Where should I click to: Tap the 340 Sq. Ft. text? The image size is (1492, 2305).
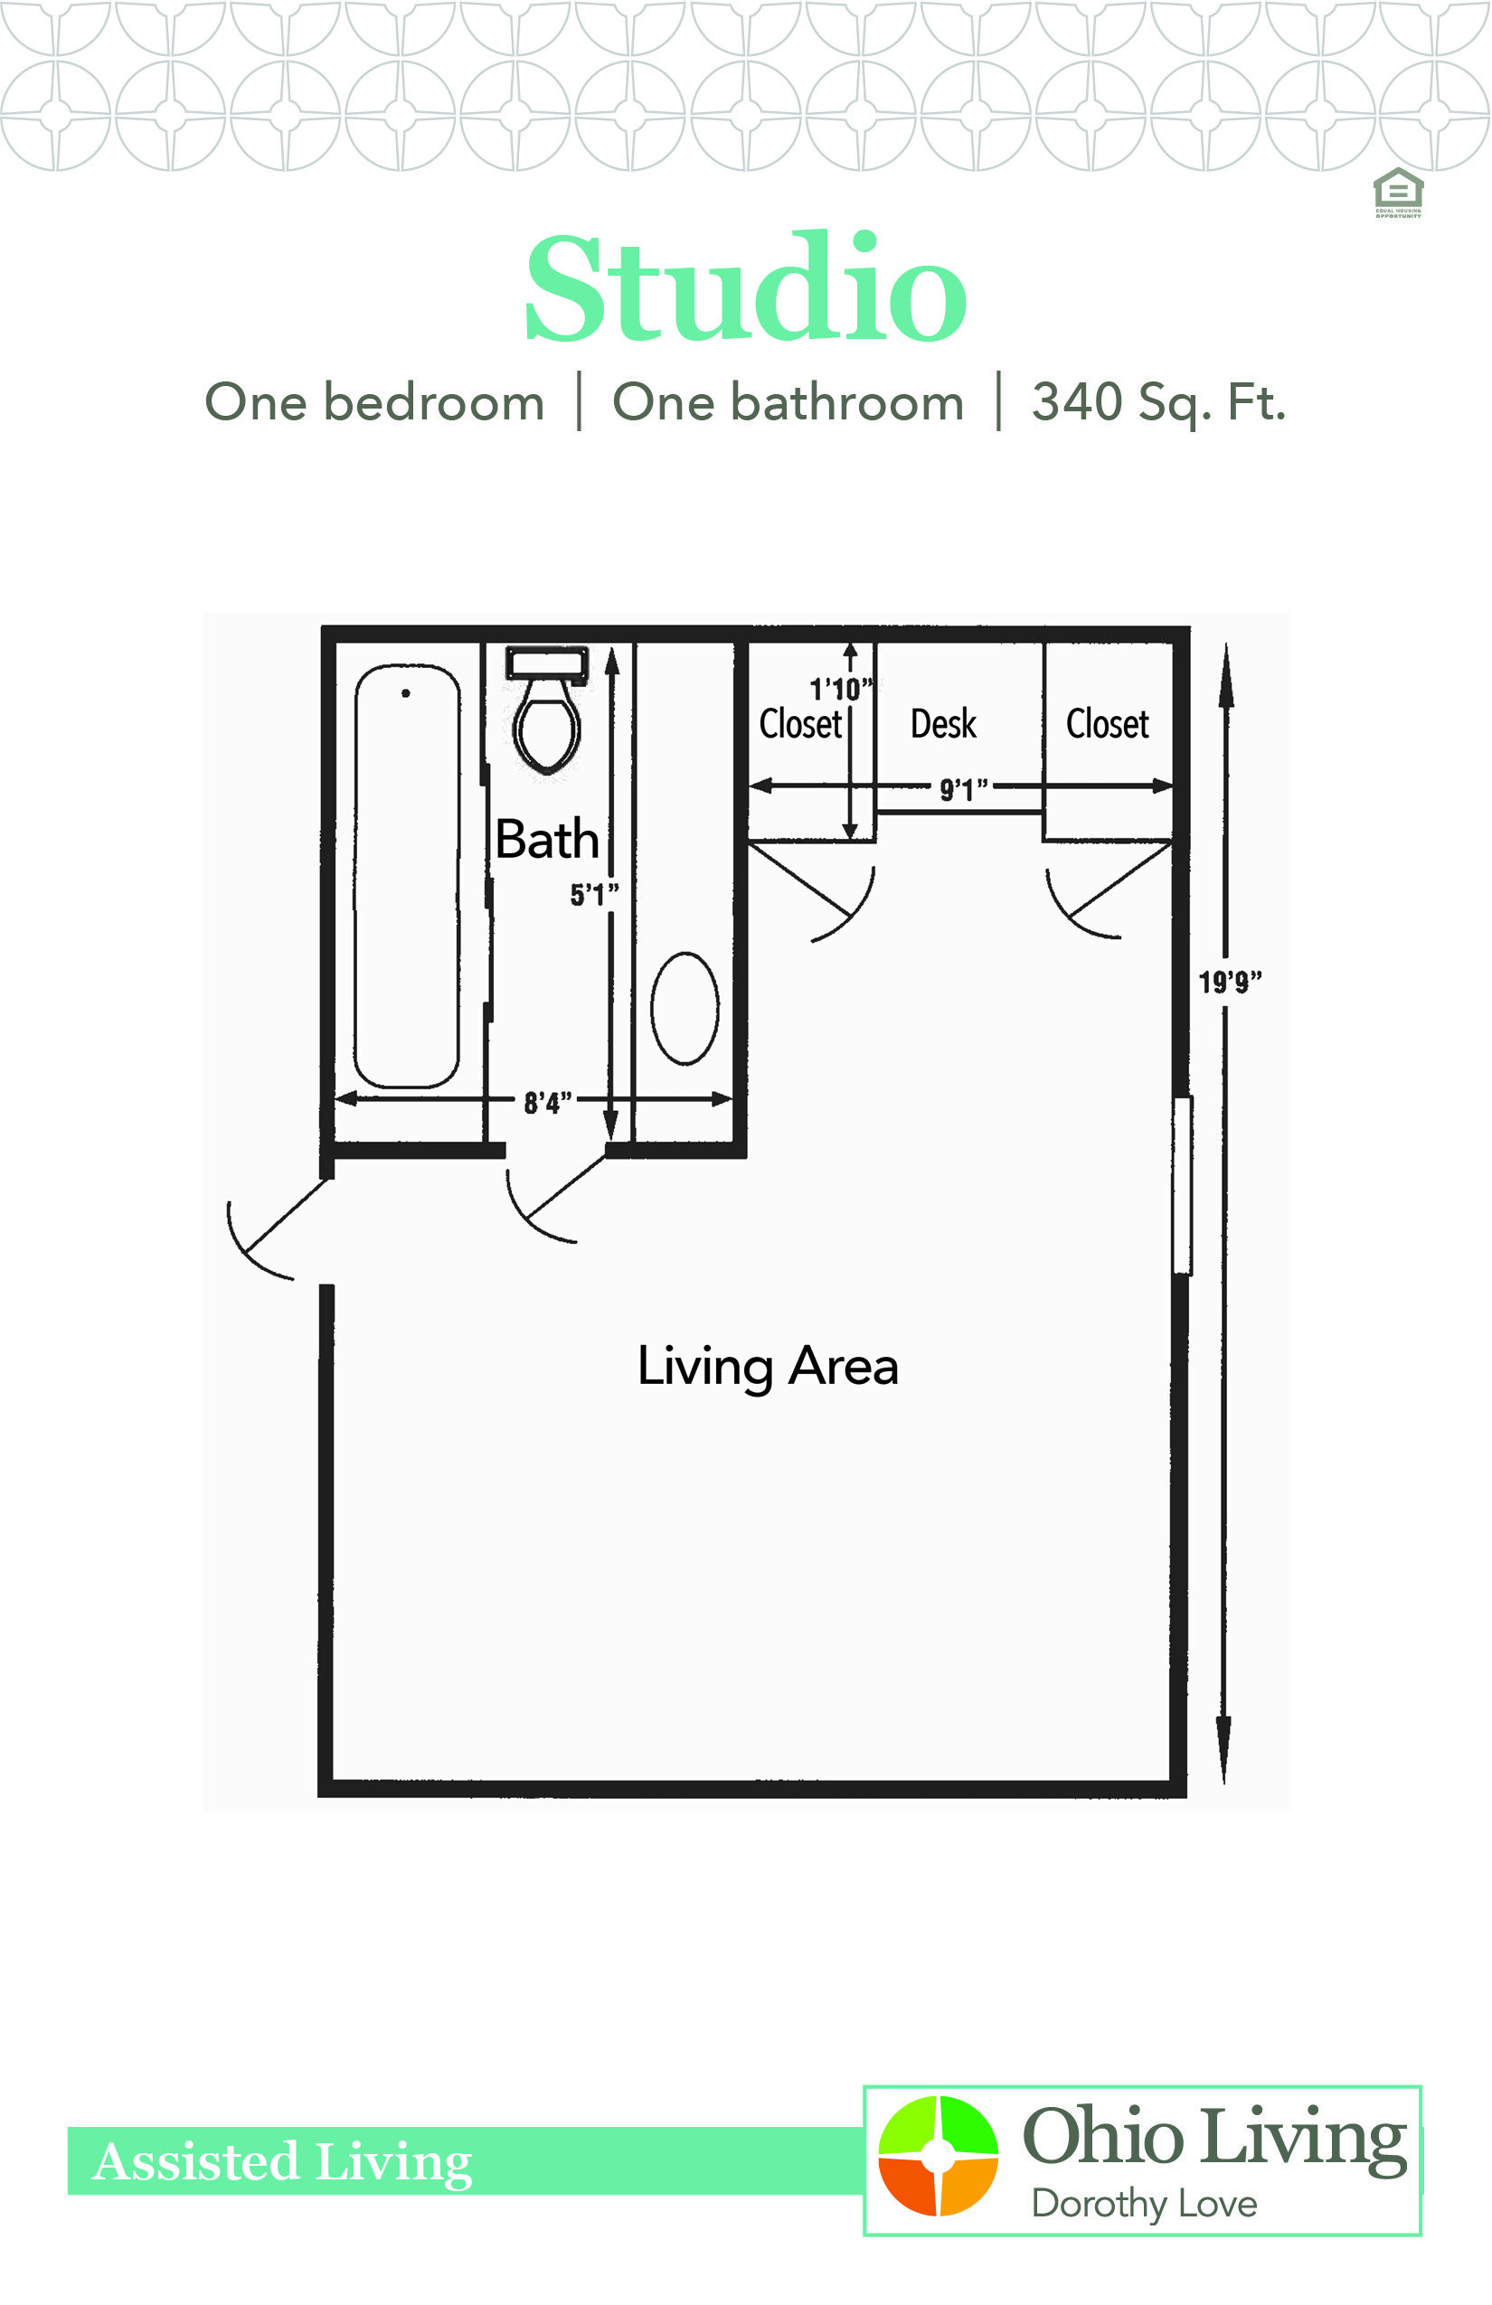(1157, 402)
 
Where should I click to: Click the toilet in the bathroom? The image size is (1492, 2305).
(547, 717)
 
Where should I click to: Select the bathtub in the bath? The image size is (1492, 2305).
(407, 876)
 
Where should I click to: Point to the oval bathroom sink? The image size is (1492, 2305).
(685, 1007)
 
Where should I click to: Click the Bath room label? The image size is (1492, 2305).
(547, 839)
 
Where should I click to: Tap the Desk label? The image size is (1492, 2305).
(942, 724)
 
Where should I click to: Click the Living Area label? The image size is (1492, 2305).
(768, 1367)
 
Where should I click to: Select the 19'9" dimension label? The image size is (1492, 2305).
(1230, 982)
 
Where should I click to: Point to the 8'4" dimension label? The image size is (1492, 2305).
(547, 1102)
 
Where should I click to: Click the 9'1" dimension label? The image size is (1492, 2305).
(963, 789)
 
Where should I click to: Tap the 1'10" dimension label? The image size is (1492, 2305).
(840, 690)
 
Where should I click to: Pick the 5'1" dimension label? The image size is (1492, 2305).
(593, 894)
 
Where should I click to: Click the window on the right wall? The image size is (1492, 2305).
(1182, 1184)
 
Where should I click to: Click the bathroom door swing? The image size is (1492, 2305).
(547, 1201)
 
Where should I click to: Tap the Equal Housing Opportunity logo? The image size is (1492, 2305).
(1398, 193)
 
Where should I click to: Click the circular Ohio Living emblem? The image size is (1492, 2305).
(938, 2155)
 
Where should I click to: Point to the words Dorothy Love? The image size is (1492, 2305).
(1144, 2204)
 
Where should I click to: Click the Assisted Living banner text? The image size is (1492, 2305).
(282, 2160)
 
